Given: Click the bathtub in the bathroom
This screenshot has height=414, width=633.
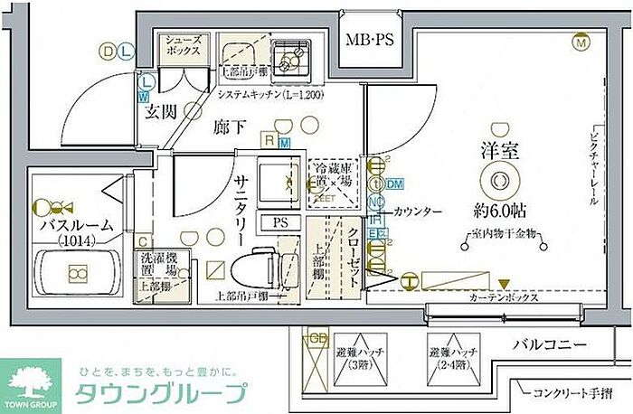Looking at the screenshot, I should [77, 273].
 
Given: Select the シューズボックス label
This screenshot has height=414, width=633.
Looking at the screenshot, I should [186, 47].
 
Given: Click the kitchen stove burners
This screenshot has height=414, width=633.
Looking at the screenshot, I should [292, 59].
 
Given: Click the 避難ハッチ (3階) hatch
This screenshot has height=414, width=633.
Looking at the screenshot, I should [356, 360].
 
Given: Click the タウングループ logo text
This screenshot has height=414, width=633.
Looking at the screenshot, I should [159, 394].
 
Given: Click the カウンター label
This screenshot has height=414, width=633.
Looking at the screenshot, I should [418, 212].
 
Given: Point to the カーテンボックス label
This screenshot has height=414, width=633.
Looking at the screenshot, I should [505, 297].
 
